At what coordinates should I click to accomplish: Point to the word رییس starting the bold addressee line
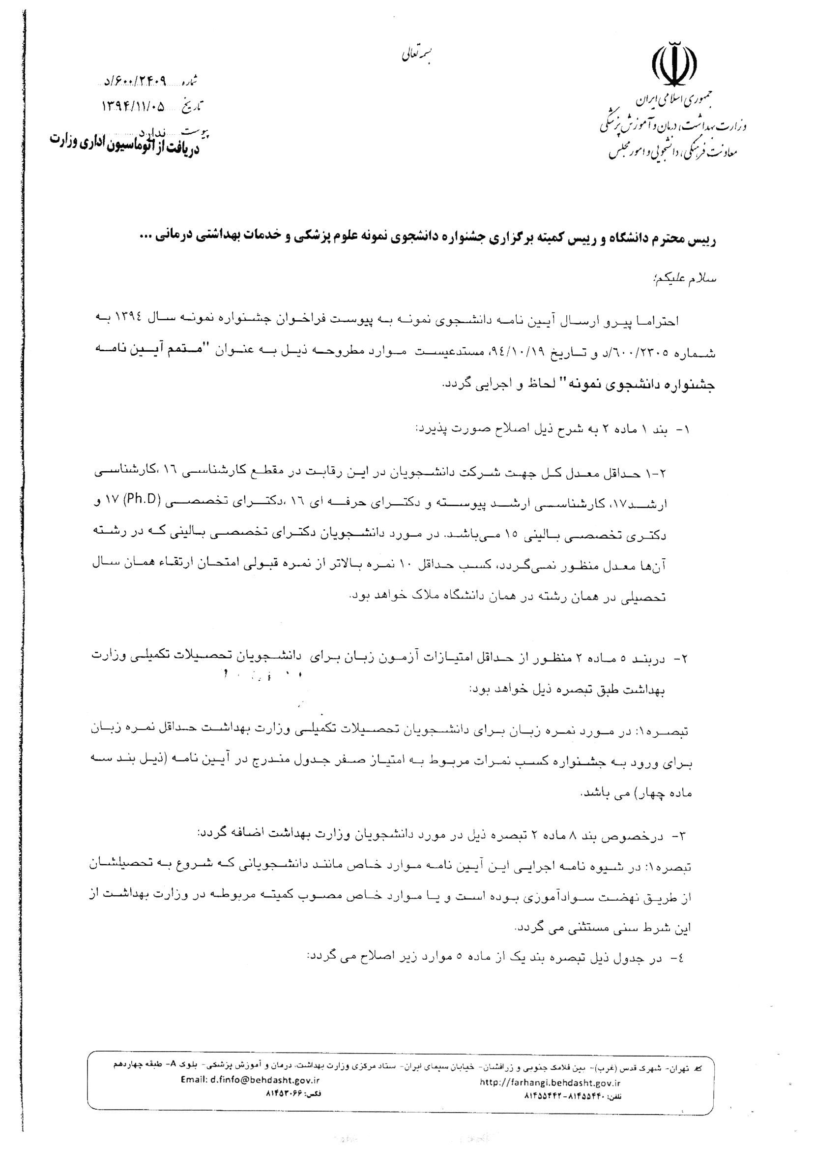705,240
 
